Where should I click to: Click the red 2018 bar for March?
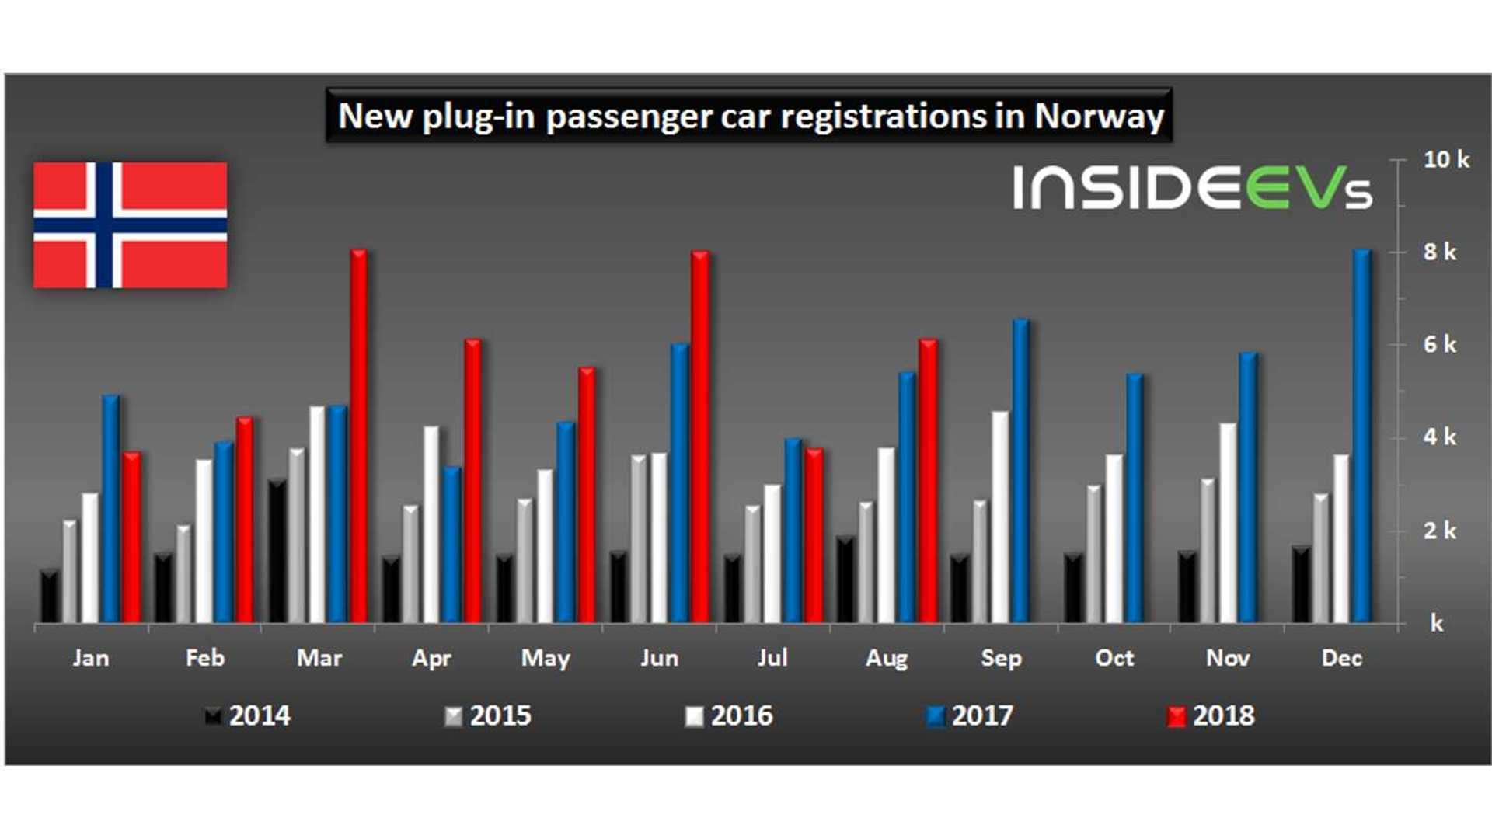tap(358, 435)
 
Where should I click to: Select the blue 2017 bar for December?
tap(1361, 435)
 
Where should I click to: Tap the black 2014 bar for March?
tap(277, 552)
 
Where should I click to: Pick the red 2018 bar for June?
tap(699, 435)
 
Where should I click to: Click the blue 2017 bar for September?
tap(1020, 470)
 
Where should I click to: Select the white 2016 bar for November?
tap(1228, 522)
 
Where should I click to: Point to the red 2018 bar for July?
tap(814, 536)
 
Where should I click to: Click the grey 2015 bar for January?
tap(70, 571)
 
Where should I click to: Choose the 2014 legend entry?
tap(249, 715)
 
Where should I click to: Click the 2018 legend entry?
tap(1212, 715)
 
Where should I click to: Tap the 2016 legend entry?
tap(730, 715)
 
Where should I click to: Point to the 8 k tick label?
tap(1439, 252)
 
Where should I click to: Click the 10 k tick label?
tap(1445, 160)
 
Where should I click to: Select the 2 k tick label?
tap(1439, 531)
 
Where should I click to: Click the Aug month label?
tap(887, 659)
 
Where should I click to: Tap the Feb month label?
tap(205, 659)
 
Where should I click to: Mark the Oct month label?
tap(1114, 659)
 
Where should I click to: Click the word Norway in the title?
tap(1099, 117)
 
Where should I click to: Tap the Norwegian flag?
tap(131, 225)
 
